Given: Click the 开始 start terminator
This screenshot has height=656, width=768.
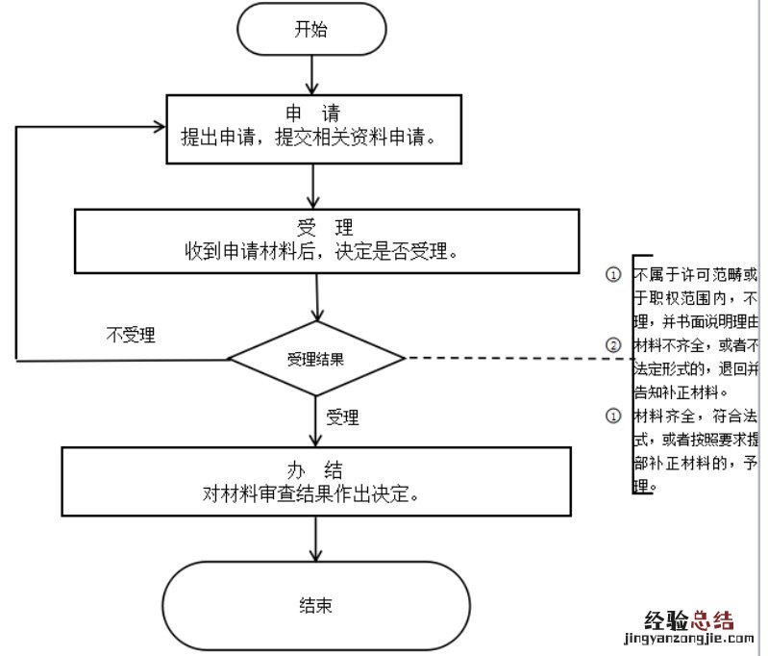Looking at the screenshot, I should [310, 29].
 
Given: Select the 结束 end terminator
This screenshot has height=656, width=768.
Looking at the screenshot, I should [316, 606].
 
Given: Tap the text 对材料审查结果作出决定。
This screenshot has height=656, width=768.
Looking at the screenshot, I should [315, 494].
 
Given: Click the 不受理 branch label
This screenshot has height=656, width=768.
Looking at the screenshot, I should [131, 336].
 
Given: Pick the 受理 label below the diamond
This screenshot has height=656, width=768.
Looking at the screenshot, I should [342, 417].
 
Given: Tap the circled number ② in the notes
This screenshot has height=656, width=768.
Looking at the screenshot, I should [612, 345].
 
